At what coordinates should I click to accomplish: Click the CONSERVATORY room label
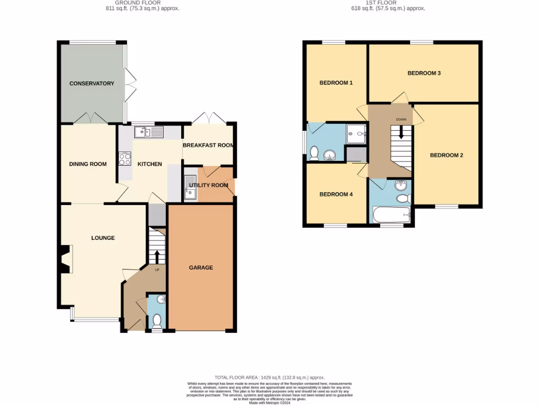pyautogui.click(x=92, y=83)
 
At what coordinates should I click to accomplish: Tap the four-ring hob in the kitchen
pyautogui.click(x=125, y=158)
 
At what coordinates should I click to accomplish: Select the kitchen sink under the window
pyautogui.click(x=142, y=132)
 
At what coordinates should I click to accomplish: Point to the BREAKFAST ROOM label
pyautogui.click(x=208, y=145)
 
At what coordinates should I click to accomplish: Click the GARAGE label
pyautogui.click(x=201, y=267)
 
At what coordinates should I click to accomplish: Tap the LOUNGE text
pyautogui.click(x=103, y=238)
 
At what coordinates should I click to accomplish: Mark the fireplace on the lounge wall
pyautogui.click(x=65, y=259)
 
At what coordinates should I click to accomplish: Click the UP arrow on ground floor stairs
pyautogui.click(x=157, y=256)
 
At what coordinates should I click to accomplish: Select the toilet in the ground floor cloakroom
pyautogui.click(x=156, y=320)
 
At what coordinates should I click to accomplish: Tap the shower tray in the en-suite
pyautogui.click(x=356, y=133)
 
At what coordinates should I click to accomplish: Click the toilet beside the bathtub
pyautogui.click(x=404, y=199)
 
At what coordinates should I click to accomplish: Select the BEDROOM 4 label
pyautogui.click(x=336, y=194)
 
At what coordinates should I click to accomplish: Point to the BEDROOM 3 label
pyautogui.click(x=424, y=73)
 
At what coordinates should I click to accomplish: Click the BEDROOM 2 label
pyautogui.click(x=446, y=155)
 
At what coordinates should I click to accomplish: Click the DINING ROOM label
pyautogui.click(x=88, y=164)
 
